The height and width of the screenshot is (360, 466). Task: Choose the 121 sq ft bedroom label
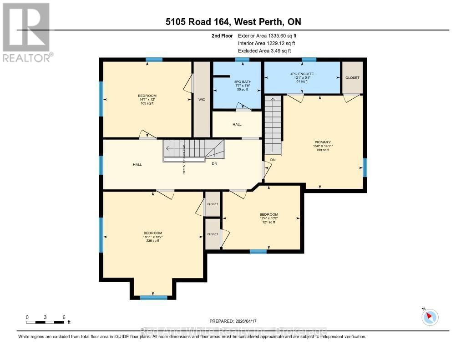268,214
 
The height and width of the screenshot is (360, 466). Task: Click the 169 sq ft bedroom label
147,96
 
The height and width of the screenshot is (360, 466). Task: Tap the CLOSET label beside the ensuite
352,78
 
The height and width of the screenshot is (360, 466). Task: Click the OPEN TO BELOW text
184,159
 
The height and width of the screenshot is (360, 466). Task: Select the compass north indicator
430,317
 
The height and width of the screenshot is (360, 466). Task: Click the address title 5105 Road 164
233,22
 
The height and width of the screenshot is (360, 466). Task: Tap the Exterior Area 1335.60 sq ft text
268,35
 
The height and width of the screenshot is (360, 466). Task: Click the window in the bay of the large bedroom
153,298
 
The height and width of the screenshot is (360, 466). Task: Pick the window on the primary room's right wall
365,167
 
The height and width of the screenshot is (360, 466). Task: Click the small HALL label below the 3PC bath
237,124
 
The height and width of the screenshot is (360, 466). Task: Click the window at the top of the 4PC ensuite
309,60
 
